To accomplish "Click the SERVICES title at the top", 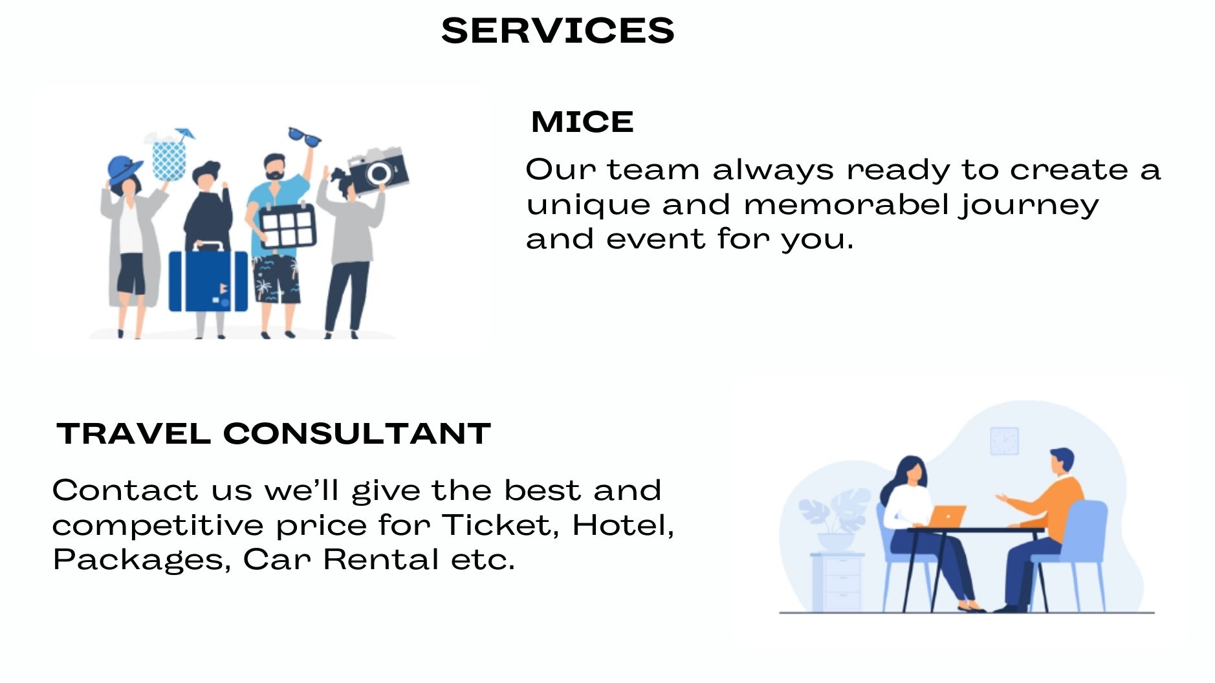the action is click(x=558, y=30).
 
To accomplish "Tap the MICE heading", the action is click(x=582, y=122).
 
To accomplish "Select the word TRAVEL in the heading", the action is click(x=134, y=433).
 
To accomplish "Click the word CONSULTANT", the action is click(x=357, y=433).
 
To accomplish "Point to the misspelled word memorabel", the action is click(x=847, y=204).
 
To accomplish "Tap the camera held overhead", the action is click(x=378, y=171).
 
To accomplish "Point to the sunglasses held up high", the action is click(x=303, y=136).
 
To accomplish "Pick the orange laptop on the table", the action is click(x=947, y=516).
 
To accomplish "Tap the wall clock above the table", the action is click(x=1004, y=441).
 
